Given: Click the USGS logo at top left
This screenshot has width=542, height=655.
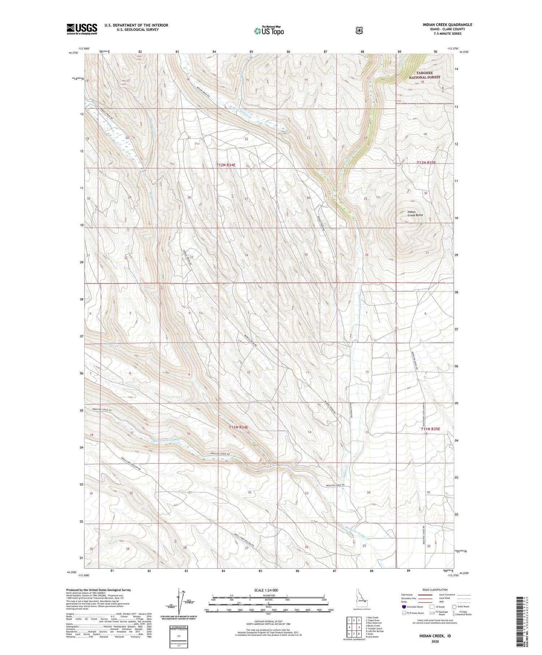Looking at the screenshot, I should [x=82, y=29].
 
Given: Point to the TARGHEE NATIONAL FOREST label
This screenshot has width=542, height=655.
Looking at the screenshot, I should [x=425, y=75].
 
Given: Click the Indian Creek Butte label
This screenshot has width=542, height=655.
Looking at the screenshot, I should [x=415, y=214].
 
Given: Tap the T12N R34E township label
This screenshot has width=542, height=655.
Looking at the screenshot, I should [x=226, y=165].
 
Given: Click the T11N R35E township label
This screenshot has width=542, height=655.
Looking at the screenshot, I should [x=430, y=429].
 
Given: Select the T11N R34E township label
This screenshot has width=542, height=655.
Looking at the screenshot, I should [x=239, y=427].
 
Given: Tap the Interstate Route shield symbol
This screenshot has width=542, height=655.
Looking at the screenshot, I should [x=404, y=607].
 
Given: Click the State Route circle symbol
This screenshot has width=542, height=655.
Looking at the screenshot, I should [x=454, y=607].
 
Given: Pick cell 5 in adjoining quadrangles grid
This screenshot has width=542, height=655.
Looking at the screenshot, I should [x=359, y=628].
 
